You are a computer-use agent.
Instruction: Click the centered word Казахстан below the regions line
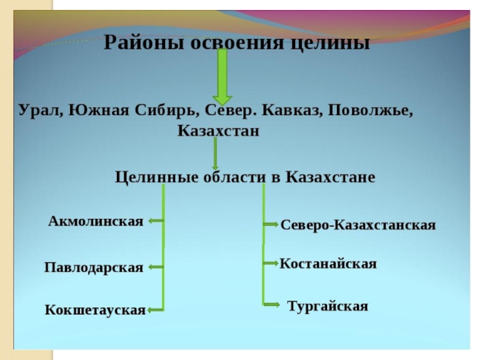click(218, 130)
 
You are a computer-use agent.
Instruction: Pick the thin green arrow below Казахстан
click(215, 157)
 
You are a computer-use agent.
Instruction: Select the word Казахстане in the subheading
click(331, 178)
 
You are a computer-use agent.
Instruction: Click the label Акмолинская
click(95, 221)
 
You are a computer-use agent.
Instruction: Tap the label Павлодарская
click(94, 268)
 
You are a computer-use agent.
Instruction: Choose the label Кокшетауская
click(95, 310)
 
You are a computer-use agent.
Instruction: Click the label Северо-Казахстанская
click(358, 225)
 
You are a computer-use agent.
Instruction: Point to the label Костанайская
click(328, 263)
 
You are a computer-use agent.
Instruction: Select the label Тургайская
click(327, 306)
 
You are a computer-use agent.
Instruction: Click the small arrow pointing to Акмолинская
click(155, 221)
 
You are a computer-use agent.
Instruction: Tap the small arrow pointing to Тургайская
click(271, 305)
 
